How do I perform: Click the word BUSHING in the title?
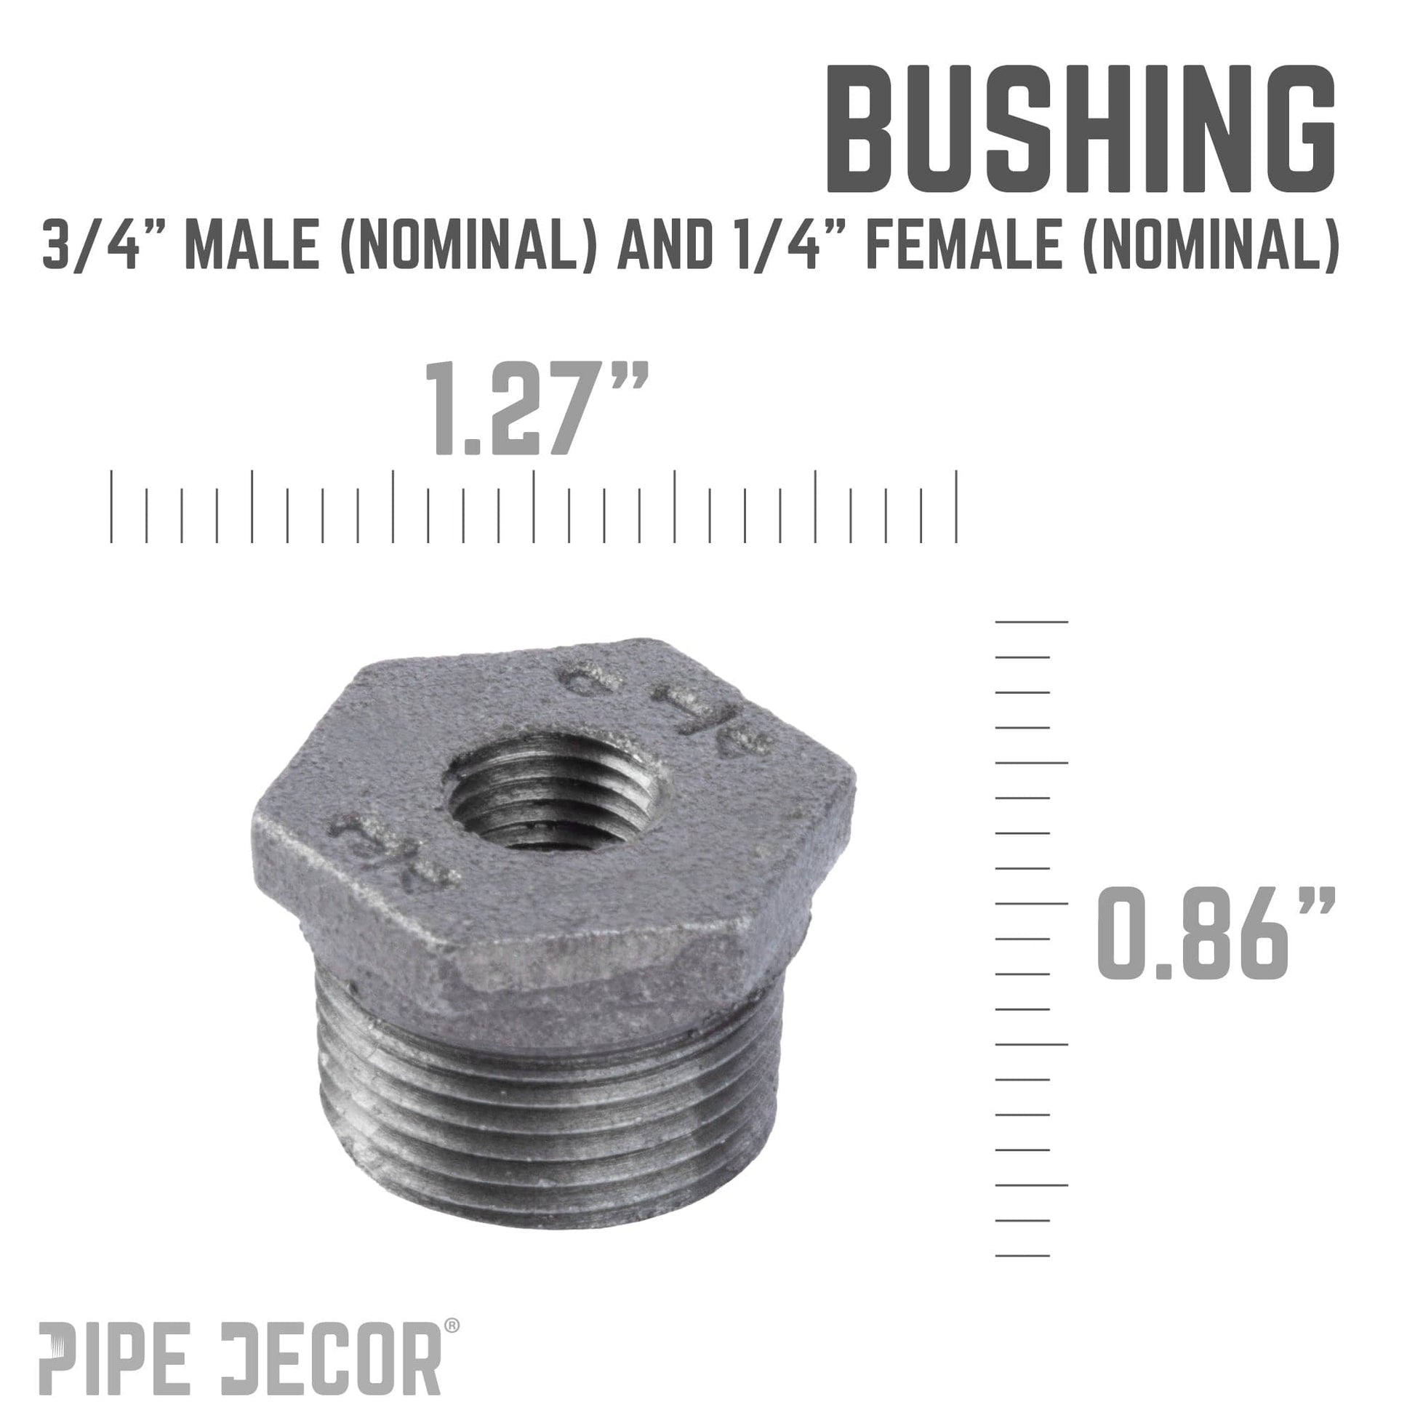[x=1080, y=129]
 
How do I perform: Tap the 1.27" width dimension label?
[x=537, y=411]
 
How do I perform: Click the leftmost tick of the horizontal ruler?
[x=111, y=505]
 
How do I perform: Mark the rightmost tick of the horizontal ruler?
[x=956, y=505]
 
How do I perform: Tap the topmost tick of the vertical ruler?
[x=1031, y=622]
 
